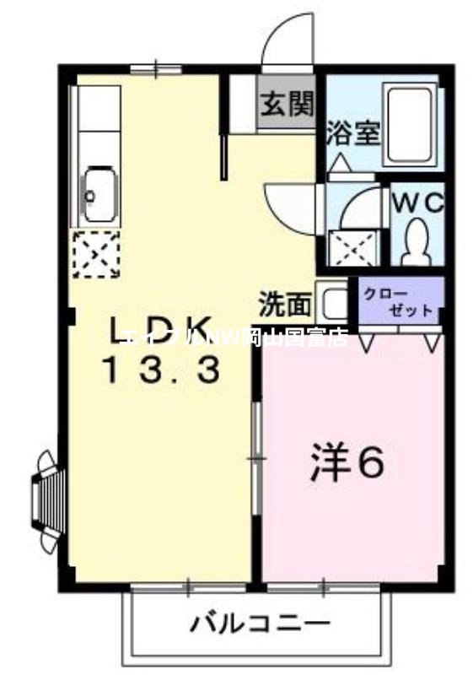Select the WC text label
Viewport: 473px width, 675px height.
[417, 203]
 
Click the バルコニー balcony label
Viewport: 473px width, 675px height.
[259, 625]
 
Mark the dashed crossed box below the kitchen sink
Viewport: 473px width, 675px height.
[95, 253]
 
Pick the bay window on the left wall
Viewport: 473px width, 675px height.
[46, 499]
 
